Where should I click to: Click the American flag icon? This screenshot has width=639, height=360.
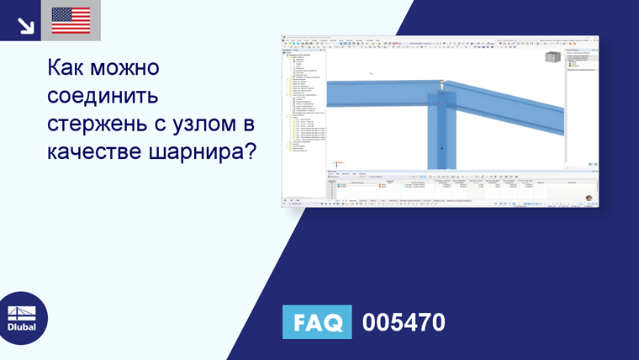(71, 20)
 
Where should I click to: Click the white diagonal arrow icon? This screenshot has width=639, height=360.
(25, 23)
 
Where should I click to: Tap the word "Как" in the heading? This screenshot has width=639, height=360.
(70, 67)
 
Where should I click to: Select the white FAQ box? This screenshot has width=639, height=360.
(317, 322)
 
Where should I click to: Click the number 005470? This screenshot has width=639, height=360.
(403, 322)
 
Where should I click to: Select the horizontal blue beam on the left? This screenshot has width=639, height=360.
(378, 93)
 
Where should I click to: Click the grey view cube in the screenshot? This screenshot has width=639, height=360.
(552, 57)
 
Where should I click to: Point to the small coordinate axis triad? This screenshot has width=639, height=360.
(337, 163)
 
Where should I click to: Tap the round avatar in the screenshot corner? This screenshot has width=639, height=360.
(589, 199)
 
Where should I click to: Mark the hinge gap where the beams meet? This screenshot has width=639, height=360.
(442, 84)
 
